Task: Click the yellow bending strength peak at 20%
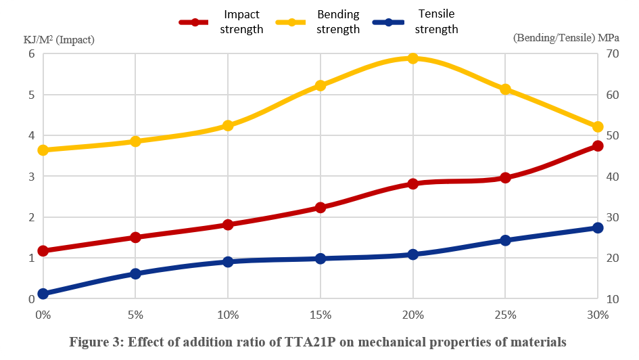point(412,58)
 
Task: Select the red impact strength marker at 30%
point(598,145)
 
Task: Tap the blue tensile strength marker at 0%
point(43,294)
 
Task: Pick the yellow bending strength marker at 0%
point(43,150)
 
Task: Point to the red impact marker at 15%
point(321,207)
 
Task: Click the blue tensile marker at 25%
point(505,240)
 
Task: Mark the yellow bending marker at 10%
point(228,125)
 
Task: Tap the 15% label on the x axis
point(321,315)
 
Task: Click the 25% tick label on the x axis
point(505,315)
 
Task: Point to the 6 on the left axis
point(30,53)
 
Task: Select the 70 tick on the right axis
point(613,53)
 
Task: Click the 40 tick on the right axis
point(613,176)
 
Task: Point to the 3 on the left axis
point(30,176)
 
